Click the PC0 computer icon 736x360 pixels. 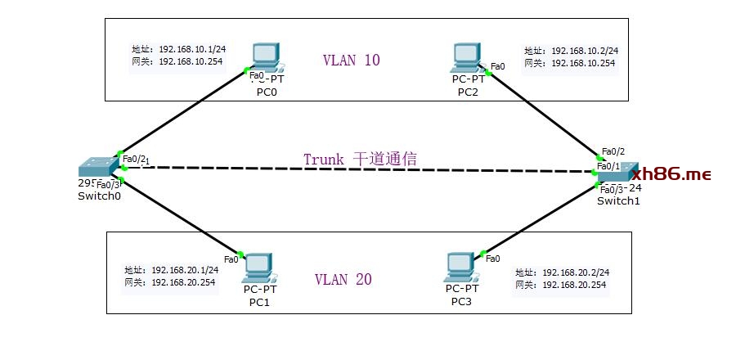[x=267, y=58]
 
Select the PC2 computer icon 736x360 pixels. [x=468, y=58]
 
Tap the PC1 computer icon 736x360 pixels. [x=258, y=267]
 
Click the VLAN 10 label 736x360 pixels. [x=352, y=60]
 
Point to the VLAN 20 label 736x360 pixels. [x=343, y=279]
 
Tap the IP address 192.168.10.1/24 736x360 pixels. [x=191, y=49]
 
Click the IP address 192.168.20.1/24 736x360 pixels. [x=185, y=270]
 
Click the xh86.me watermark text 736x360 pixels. [x=671, y=174]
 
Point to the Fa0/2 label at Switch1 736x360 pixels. [x=613, y=151]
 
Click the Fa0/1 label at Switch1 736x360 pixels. [x=608, y=166]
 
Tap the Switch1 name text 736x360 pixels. [x=618, y=201]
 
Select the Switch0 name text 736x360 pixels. [x=99, y=196]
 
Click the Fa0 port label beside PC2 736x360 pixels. [x=498, y=66]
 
